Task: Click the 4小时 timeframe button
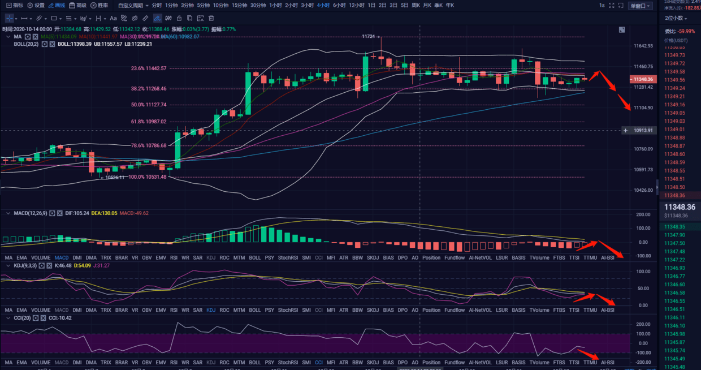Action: coord(323,5)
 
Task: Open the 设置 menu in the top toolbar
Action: coord(36,5)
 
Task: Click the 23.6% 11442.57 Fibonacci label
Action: coord(149,68)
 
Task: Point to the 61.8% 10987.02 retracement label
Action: coord(149,122)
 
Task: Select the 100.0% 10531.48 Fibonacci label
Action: coord(148,177)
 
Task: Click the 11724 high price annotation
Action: coord(369,37)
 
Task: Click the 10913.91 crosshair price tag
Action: coord(643,131)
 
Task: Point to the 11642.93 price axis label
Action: coord(643,46)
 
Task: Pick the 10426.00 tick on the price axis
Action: coord(643,190)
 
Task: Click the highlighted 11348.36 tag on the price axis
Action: coord(643,80)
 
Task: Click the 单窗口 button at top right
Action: coord(641,6)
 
